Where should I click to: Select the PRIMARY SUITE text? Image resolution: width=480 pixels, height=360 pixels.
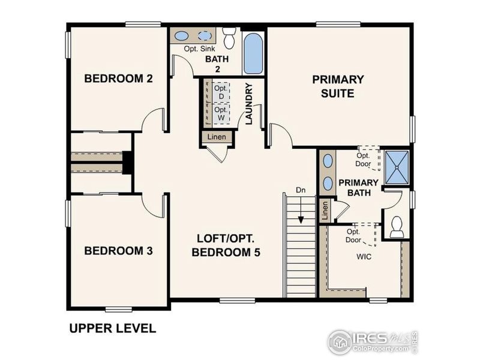click(337, 86)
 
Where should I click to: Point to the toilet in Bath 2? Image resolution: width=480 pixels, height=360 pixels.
click(229, 38)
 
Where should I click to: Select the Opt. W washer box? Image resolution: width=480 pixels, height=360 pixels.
click(221, 114)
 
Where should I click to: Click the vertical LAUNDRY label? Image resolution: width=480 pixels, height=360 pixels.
click(249, 103)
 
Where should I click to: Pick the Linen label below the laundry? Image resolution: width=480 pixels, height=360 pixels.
click(217, 137)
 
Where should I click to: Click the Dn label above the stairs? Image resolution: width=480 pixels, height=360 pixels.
click(301, 190)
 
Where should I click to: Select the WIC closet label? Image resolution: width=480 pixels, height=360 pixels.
click(364, 257)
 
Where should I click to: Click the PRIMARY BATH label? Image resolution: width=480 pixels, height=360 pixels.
click(358, 187)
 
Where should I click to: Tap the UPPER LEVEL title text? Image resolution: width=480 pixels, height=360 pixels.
click(112, 328)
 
